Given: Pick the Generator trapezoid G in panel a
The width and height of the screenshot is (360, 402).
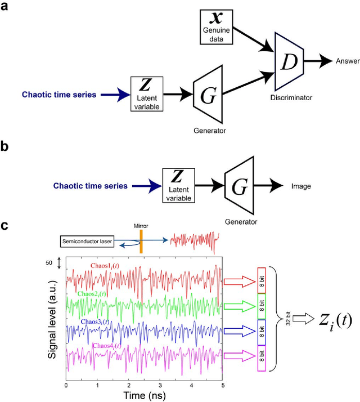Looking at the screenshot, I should pos(208,94).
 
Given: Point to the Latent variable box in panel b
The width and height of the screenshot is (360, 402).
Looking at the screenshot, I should pos(177,185).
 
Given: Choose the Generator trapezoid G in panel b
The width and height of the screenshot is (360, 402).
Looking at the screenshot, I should pos(238,185).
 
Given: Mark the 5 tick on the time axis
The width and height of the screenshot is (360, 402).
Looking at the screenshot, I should pos(223,386).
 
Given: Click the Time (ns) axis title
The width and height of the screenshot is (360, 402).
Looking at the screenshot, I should pos(144,396).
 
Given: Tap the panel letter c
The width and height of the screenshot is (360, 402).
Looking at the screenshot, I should pos(4,226).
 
